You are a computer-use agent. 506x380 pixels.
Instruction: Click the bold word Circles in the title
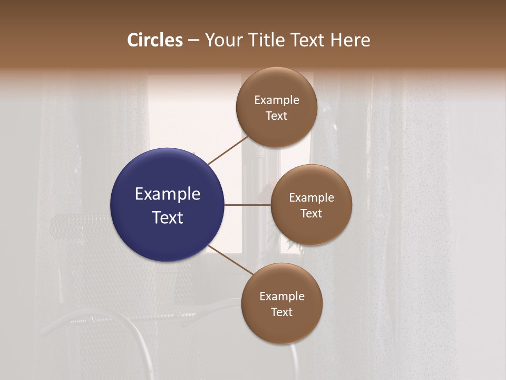click(x=155, y=40)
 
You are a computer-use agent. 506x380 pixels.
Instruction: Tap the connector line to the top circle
click(x=228, y=150)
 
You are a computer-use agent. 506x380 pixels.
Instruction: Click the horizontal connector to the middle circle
click(x=248, y=205)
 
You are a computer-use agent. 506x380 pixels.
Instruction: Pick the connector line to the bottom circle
click(x=231, y=260)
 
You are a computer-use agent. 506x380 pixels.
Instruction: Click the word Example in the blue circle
click(x=167, y=194)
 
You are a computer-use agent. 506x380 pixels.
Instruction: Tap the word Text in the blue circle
click(x=167, y=217)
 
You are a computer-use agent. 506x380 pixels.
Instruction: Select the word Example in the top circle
click(x=276, y=100)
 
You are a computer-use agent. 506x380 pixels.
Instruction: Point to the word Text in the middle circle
click(x=311, y=213)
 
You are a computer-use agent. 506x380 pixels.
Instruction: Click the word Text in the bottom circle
click(x=281, y=312)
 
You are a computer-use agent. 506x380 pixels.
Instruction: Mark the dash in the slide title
click(x=193, y=40)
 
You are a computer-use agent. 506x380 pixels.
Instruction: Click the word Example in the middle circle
click(x=311, y=198)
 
